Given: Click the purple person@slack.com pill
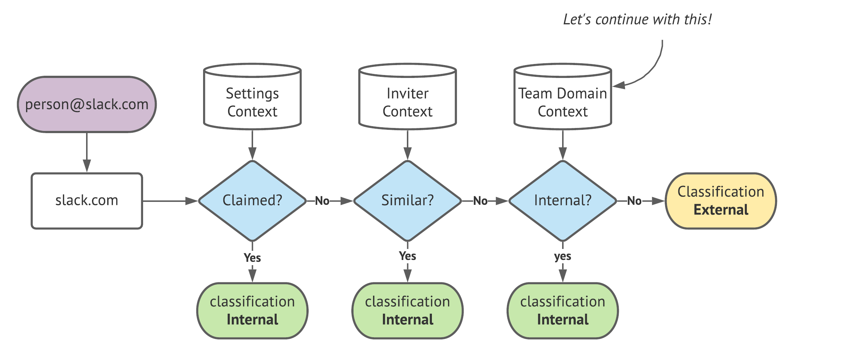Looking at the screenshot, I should tap(87, 104).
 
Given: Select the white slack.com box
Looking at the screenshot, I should tap(87, 201).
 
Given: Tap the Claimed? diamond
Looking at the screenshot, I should tap(252, 201).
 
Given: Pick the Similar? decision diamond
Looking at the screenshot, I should tap(408, 201).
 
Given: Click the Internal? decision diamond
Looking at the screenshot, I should tap(562, 201).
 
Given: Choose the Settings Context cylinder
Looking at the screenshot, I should tap(252, 99).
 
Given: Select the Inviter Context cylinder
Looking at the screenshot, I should tap(408, 99).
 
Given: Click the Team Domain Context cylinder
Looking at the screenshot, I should tap(562, 99).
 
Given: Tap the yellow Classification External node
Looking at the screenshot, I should tap(721, 201).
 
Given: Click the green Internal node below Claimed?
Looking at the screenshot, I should tap(252, 311).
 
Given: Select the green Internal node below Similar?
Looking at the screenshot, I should tap(408, 311).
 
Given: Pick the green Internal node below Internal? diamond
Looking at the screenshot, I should tap(562, 311).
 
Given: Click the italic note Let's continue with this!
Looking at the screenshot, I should tap(638, 19).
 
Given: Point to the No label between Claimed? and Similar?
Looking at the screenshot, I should tap(322, 201).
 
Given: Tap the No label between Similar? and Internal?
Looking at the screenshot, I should tap(480, 201).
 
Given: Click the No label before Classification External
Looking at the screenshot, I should tap(634, 201).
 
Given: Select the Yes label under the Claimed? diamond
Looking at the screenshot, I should tap(252, 257).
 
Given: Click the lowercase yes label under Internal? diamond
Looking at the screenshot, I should tap(562, 256).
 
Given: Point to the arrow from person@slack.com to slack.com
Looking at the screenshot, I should tap(87, 152).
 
